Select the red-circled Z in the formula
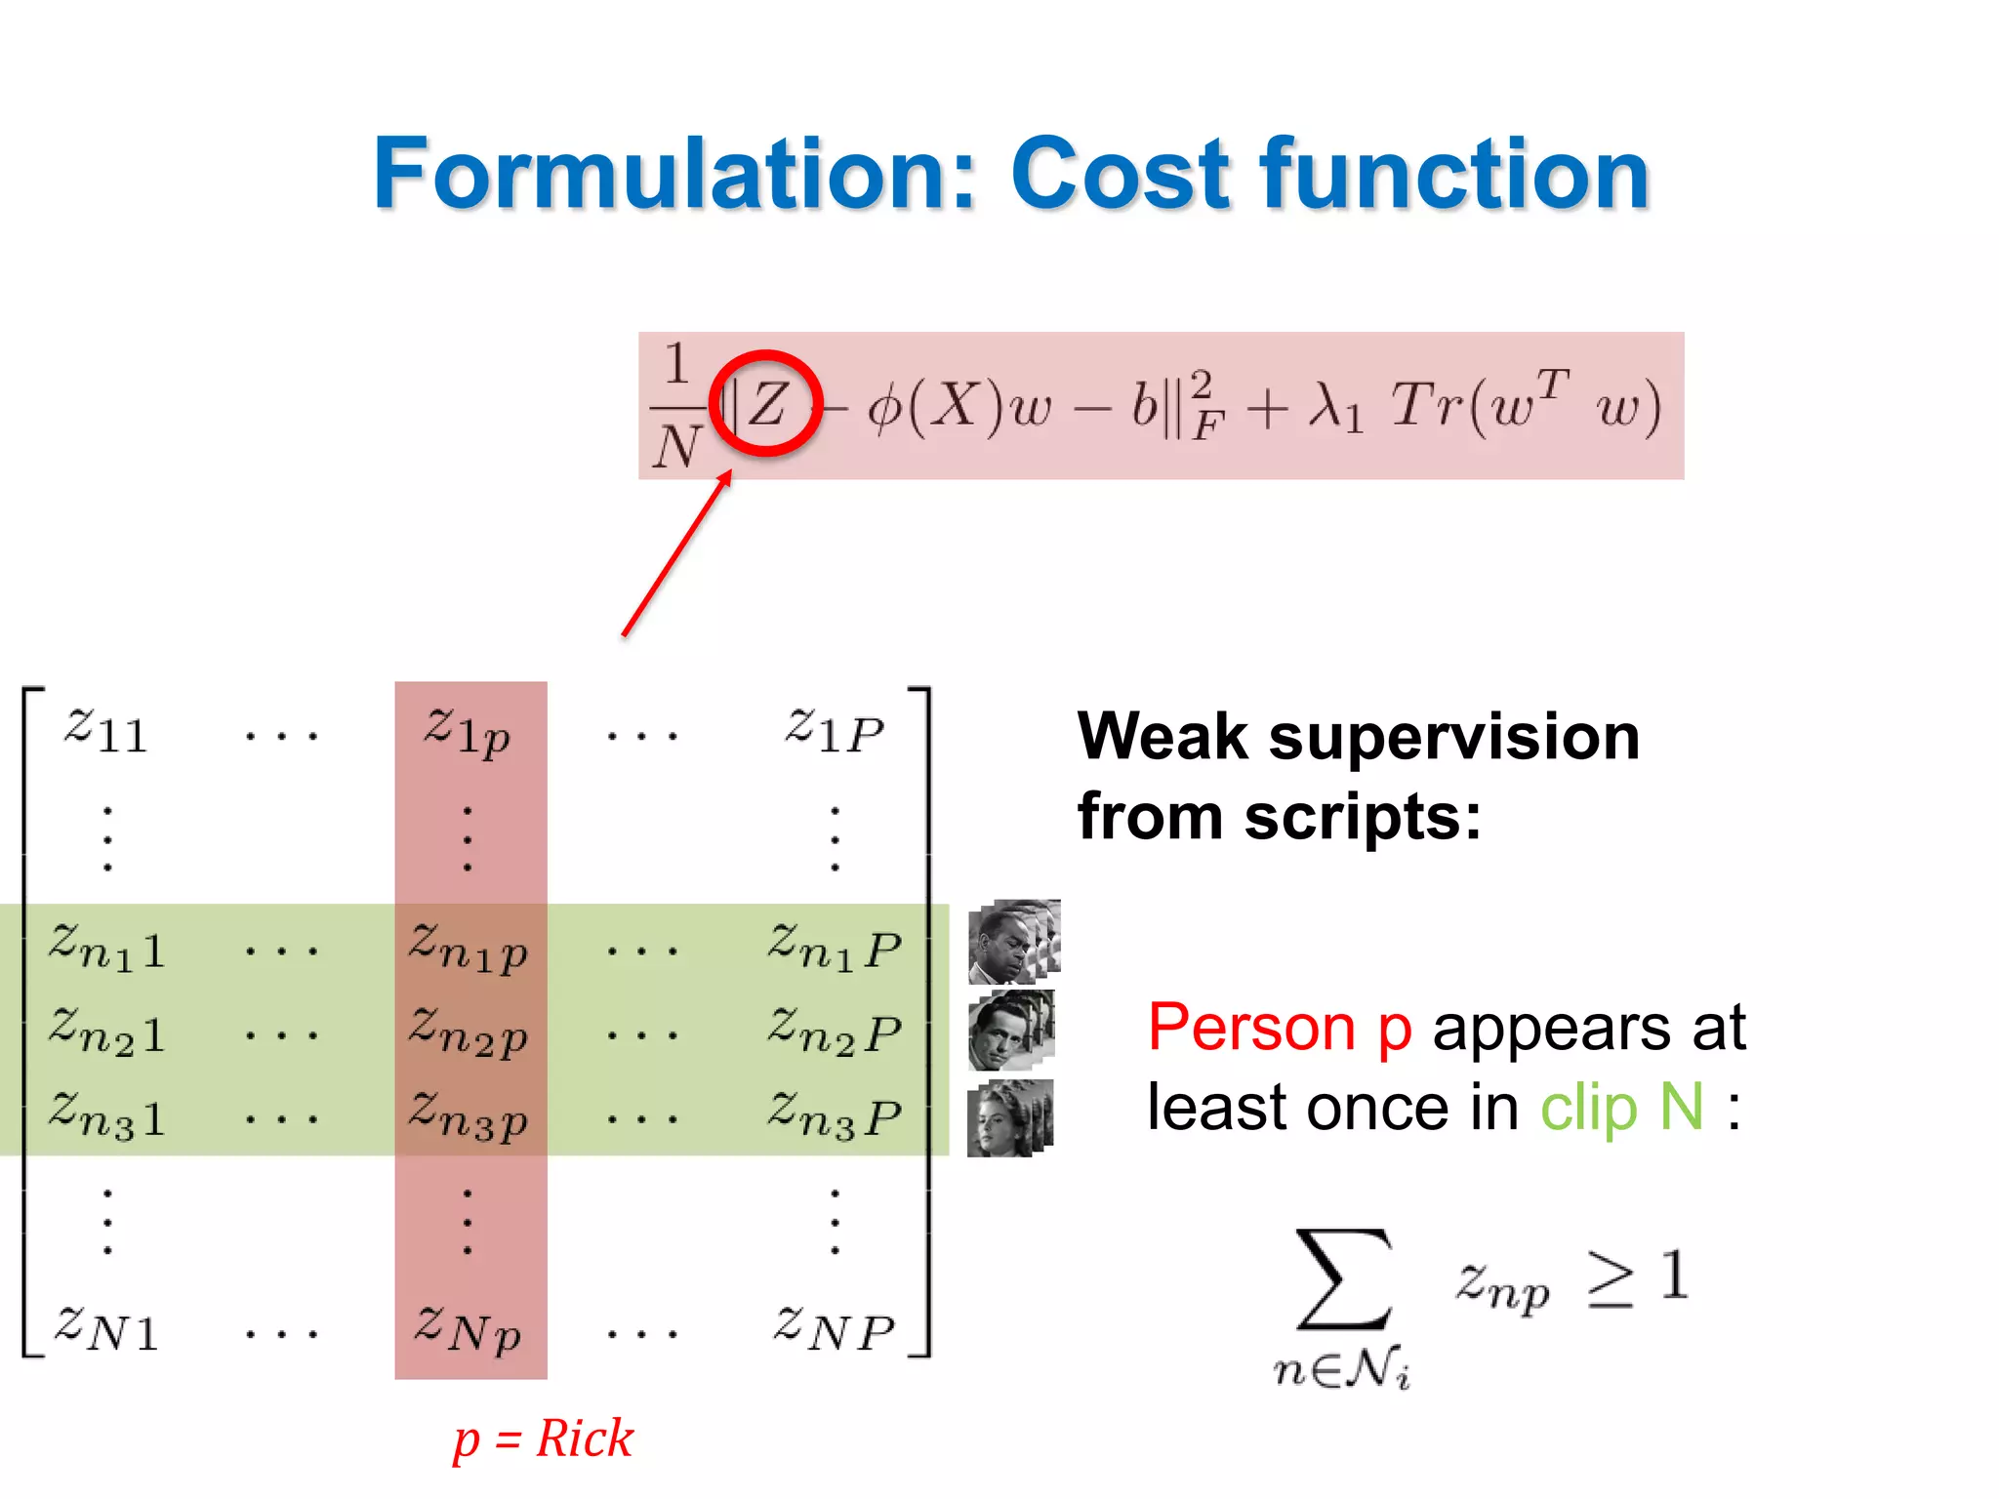click(x=767, y=403)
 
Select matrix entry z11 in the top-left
click(x=105, y=731)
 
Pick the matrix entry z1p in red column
click(x=468, y=733)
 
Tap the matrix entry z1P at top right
click(x=835, y=731)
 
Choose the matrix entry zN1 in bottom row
click(x=105, y=1329)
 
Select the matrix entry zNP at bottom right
click(x=835, y=1329)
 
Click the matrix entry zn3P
click(x=835, y=1115)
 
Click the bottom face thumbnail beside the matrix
click(x=1009, y=1118)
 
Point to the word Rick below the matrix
click(x=585, y=1438)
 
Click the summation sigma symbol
click(x=1342, y=1279)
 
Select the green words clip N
click(x=1621, y=1108)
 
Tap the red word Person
click(x=1251, y=1027)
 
